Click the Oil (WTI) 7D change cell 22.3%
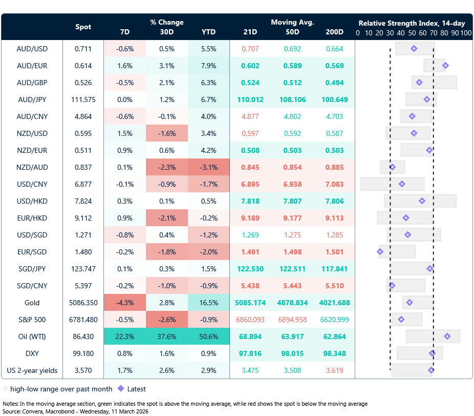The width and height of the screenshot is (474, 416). click(x=124, y=336)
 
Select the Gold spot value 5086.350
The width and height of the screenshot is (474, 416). click(x=83, y=303)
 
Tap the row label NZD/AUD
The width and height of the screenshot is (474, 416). click(x=32, y=167)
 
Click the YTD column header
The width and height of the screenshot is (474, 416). click(x=208, y=32)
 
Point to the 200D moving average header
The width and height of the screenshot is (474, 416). click(x=334, y=32)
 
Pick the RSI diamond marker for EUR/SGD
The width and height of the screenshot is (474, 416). click(x=380, y=252)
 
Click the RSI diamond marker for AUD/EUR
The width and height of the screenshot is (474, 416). click(x=445, y=65)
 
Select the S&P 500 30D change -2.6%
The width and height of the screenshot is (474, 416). click(x=166, y=319)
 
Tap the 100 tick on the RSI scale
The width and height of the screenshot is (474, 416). click(x=465, y=33)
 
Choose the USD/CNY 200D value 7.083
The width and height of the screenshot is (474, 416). click(x=334, y=184)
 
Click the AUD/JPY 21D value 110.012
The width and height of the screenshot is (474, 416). click(x=250, y=99)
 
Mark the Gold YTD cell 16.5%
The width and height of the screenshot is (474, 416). click(x=208, y=303)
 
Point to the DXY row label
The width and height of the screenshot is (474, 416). click(x=32, y=353)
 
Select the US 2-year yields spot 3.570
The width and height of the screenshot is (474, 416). click(x=83, y=370)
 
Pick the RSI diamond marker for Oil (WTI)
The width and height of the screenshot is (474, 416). click(x=447, y=336)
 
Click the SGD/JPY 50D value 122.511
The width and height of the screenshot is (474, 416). click(x=292, y=268)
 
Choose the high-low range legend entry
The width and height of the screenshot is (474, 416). click(x=38, y=389)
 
